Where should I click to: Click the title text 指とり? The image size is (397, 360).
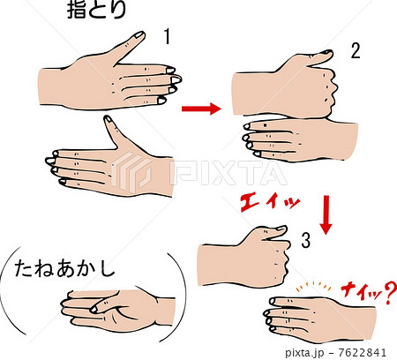click(97, 11)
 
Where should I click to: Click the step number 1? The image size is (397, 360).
click(167, 37)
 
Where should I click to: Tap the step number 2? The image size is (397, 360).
click(355, 50)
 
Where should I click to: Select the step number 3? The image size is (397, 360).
click(303, 238)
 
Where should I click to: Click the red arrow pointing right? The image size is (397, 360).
click(200, 109)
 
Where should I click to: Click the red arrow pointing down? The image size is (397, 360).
click(325, 215)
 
